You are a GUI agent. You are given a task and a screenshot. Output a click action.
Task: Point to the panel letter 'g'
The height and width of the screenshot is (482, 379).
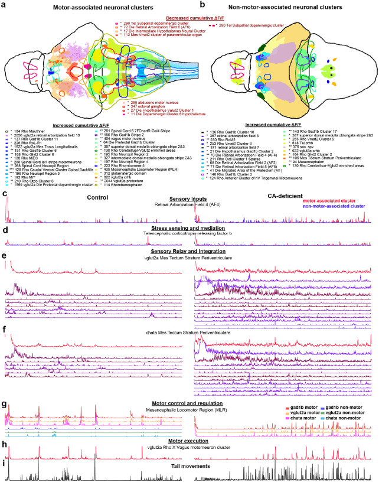click(4, 405)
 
